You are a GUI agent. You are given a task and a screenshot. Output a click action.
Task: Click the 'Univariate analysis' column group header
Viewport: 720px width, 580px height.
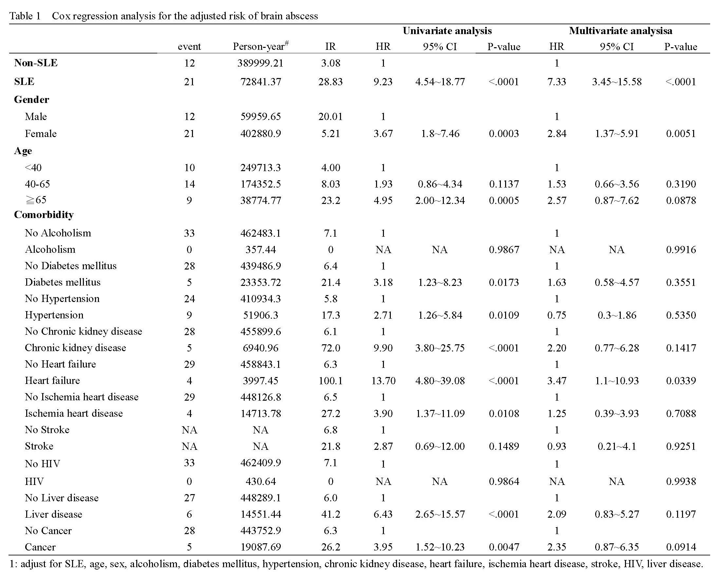tap(447, 31)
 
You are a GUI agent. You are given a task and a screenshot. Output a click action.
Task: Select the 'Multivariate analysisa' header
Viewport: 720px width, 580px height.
tap(620, 31)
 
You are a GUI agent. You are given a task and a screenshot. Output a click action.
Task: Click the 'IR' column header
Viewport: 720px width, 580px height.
tap(330, 47)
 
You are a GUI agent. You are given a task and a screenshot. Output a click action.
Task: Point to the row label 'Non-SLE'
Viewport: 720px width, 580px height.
tap(36, 63)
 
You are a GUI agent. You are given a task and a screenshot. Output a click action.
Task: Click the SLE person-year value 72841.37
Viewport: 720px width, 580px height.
tap(260, 82)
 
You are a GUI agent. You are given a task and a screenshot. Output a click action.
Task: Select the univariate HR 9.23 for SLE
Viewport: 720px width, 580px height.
tap(383, 82)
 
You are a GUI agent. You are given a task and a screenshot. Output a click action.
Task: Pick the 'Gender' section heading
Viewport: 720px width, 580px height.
tap(31, 100)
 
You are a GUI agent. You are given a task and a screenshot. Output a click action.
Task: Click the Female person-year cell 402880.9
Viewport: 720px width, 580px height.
tap(260, 134)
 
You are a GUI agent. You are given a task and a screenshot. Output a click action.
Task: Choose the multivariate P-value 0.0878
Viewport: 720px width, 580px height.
tap(681, 201)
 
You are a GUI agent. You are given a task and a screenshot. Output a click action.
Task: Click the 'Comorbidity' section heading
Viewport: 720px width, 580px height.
tap(44, 215)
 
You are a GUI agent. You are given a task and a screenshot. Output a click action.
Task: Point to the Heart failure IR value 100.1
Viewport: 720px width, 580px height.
tap(330, 381)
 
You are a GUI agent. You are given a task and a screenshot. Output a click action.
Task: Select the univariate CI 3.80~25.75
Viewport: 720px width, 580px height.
tap(440, 348)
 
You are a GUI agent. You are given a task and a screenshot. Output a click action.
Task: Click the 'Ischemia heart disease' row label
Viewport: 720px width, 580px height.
tap(74, 413)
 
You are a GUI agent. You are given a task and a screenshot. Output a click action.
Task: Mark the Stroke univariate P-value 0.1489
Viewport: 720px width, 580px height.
tap(504, 446)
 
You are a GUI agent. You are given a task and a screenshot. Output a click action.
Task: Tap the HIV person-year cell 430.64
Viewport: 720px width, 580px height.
tap(260, 481)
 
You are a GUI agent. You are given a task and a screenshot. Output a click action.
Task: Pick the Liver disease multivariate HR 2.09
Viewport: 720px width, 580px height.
tap(557, 514)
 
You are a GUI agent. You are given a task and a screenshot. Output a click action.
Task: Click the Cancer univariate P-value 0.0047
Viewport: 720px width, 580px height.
tap(504, 547)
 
